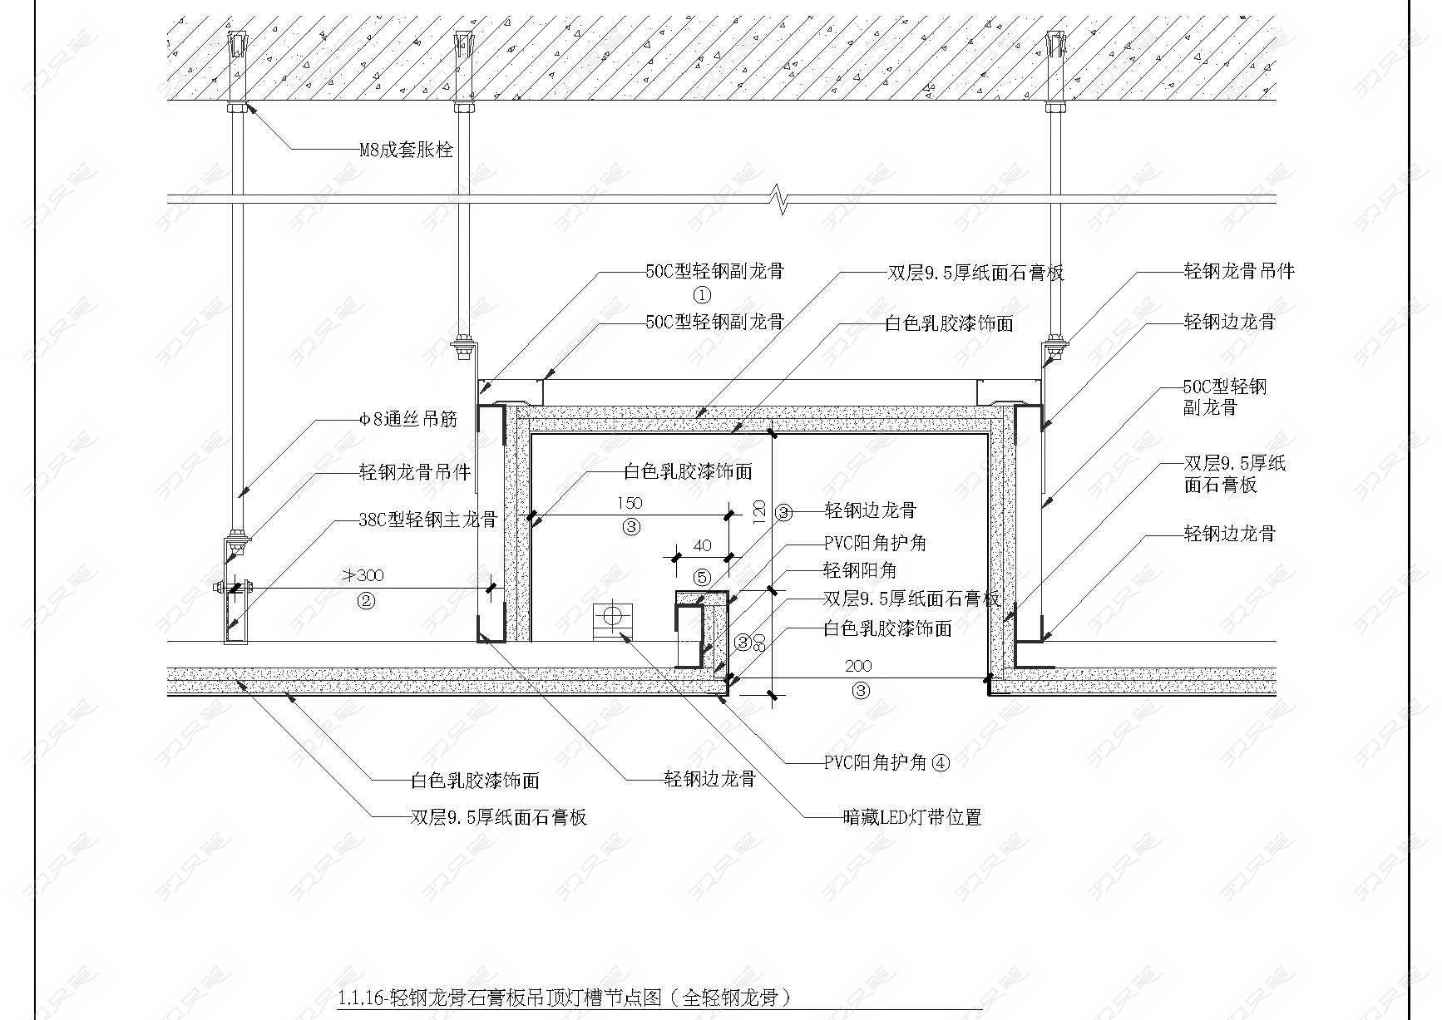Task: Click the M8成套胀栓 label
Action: (406, 150)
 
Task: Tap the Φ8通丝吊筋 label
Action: (408, 418)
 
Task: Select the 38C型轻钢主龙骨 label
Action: (427, 520)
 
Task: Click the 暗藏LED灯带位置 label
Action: (912, 817)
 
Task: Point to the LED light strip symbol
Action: (613, 620)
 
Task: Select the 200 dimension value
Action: (859, 666)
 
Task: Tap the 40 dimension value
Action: (703, 546)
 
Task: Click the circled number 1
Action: (703, 295)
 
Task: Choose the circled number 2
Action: (366, 600)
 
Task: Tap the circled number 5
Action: (703, 577)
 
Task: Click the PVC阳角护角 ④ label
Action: (886, 762)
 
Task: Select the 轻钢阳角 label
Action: (860, 570)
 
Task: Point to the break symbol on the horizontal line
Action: (780, 200)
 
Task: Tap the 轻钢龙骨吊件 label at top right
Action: (1239, 271)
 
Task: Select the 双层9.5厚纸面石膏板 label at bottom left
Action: (499, 817)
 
